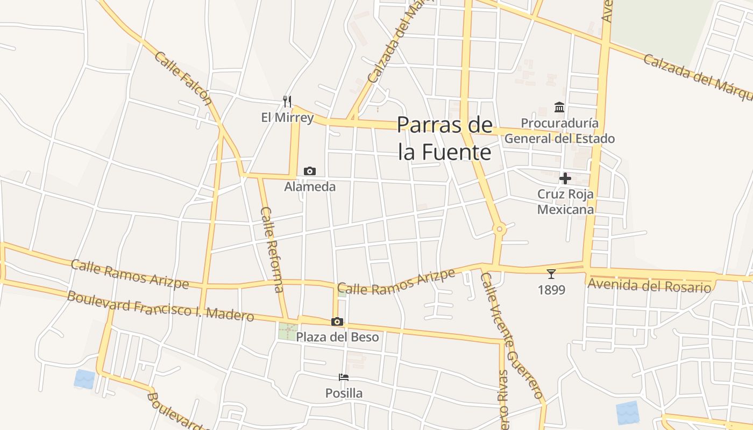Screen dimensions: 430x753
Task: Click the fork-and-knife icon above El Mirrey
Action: point(287,101)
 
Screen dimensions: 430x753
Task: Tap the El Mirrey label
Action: point(287,117)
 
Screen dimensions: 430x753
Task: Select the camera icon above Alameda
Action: point(310,171)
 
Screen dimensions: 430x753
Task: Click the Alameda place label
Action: point(310,187)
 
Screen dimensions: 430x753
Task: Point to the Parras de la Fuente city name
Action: point(445,138)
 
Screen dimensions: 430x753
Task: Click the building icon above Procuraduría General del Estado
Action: point(559,107)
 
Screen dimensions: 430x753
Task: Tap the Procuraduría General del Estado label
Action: point(559,131)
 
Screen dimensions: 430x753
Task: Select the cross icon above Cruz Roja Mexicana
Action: point(565,178)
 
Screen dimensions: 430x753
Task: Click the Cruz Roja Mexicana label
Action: point(566,202)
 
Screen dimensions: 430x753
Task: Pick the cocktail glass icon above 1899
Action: point(551,274)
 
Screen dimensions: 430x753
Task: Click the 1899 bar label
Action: point(551,290)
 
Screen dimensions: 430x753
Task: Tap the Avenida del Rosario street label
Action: point(649,285)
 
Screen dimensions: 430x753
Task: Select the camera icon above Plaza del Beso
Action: point(337,321)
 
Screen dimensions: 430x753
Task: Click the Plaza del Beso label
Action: point(337,337)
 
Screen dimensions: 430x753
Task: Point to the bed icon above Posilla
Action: point(344,377)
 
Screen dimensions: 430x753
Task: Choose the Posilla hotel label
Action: point(344,393)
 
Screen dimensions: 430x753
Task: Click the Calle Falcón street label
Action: point(183,78)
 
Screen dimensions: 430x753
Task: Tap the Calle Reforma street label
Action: point(272,249)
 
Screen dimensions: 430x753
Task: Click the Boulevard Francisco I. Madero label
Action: point(160,306)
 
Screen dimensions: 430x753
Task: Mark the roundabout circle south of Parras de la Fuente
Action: point(500,230)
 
